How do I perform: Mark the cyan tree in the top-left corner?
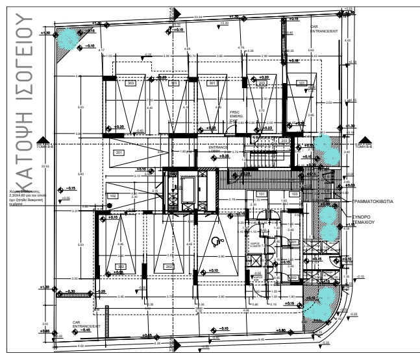coord(67,40)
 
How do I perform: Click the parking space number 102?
coord(112,195)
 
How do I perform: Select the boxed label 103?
coord(294,194)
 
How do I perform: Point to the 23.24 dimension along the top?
coord(198,14)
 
